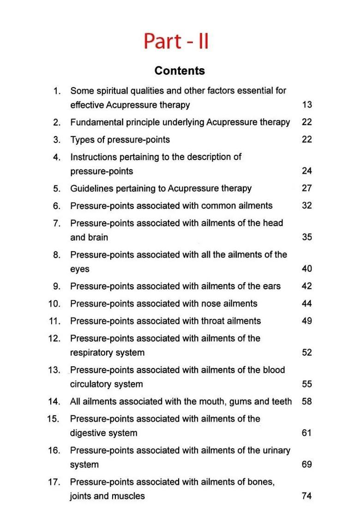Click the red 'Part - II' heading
(x=176, y=41)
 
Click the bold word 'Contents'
(x=180, y=71)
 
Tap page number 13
(x=307, y=105)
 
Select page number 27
(x=307, y=188)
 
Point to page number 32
(x=307, y=206)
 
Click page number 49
(x=307, y=321)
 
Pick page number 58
(x=307, y=401)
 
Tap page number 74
(x=307, y=496)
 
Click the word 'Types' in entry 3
(x=82, y=140)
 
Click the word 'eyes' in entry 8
(x=79, y=269)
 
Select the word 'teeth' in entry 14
(x=282, y=401)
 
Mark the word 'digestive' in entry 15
(x=89, y=433)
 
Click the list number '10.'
(x=54, y=304)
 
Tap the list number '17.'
(x=54, y=482)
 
